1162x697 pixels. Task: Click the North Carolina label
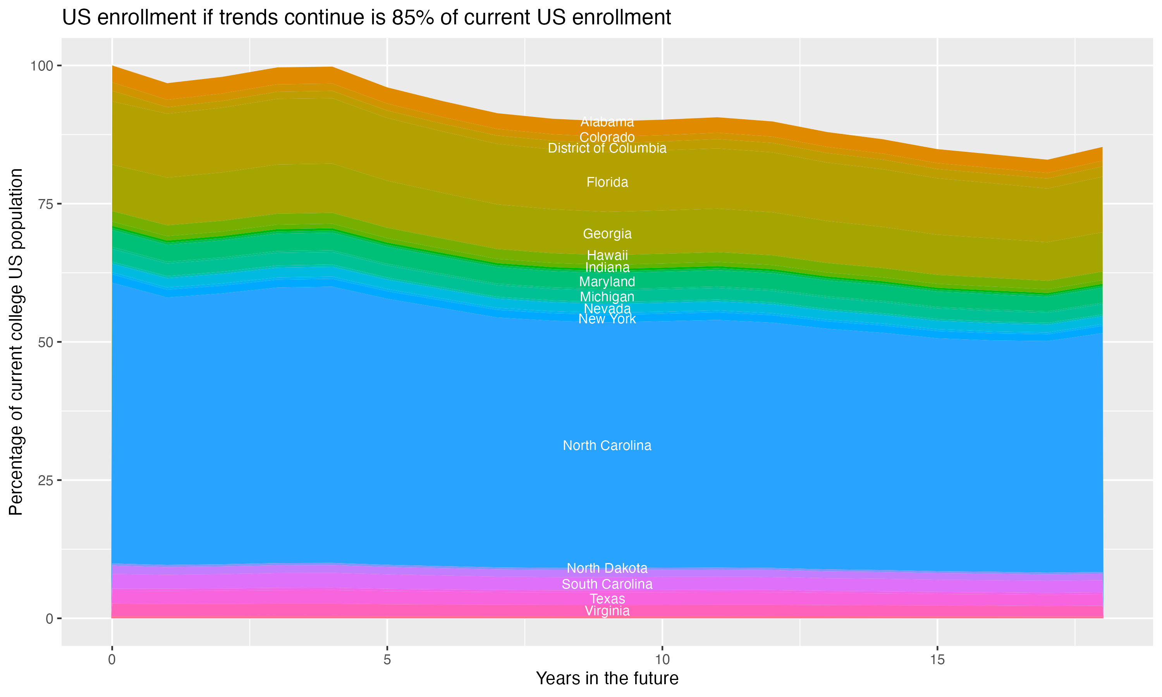click(x=607, y=445)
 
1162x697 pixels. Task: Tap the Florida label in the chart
click(x=607, y=182)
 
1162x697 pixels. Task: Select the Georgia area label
click(x=607, y=233)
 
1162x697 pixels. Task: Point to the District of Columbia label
click(x=607, y=148)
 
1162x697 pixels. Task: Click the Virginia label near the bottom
click(x=607, y=611)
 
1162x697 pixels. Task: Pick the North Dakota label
click(x=607, y=568)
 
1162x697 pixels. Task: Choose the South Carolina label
click(x=607, y=584)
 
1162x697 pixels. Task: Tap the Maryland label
click(x=607, y=282)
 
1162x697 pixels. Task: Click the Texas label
click(x=607, y=599)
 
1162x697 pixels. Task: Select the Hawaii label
click(x=607, y=256)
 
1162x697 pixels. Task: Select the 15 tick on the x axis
click(x=937, y=660)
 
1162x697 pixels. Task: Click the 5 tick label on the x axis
click(x=387, y=660)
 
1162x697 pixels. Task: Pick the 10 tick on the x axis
click(x=662, y=660)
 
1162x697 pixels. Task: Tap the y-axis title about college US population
click(x=16, y=342)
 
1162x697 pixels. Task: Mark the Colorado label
click(x=607, y=137)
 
